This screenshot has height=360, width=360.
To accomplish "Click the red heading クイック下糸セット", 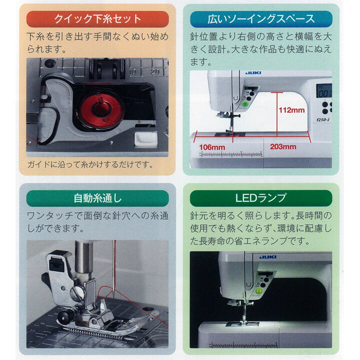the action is click(97, 19).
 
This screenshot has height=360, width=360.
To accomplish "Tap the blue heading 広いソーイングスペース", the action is click(261, 19).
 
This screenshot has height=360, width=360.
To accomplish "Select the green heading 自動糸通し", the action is click(97, 198).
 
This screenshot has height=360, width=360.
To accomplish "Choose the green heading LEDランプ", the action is click(261, 198).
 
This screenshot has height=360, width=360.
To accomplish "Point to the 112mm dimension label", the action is click(291, 110).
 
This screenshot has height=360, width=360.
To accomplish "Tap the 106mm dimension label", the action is click(212, 147).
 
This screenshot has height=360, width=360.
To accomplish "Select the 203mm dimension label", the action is click(283, 146).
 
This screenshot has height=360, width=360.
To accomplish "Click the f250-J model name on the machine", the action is click(323, 119).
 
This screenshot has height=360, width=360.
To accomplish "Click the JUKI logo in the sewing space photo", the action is click(253, 73).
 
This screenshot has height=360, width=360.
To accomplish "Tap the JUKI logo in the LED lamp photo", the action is click(267, 257).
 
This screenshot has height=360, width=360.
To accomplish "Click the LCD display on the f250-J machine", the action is click(324, 91).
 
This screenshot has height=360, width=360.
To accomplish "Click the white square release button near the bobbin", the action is click(146, 138).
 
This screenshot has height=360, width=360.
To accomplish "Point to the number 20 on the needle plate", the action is click(154, 72).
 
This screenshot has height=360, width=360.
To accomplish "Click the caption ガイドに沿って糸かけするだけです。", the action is click(90, 164).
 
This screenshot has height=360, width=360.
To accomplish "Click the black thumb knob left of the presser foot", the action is click(64, 317).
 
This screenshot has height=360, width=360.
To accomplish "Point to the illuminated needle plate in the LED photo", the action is click(242, 323).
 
